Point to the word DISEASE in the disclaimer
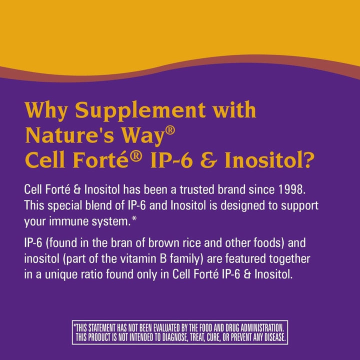[x=270, y=337]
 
